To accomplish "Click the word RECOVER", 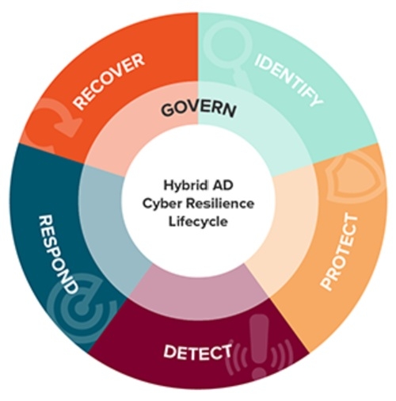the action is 109,81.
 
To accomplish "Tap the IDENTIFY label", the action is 288,79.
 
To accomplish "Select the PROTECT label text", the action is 340,253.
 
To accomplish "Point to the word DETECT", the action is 197,352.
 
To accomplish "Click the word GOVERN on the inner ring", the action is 199,109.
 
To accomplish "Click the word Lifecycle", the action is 198,221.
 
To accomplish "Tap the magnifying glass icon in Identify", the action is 229,51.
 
